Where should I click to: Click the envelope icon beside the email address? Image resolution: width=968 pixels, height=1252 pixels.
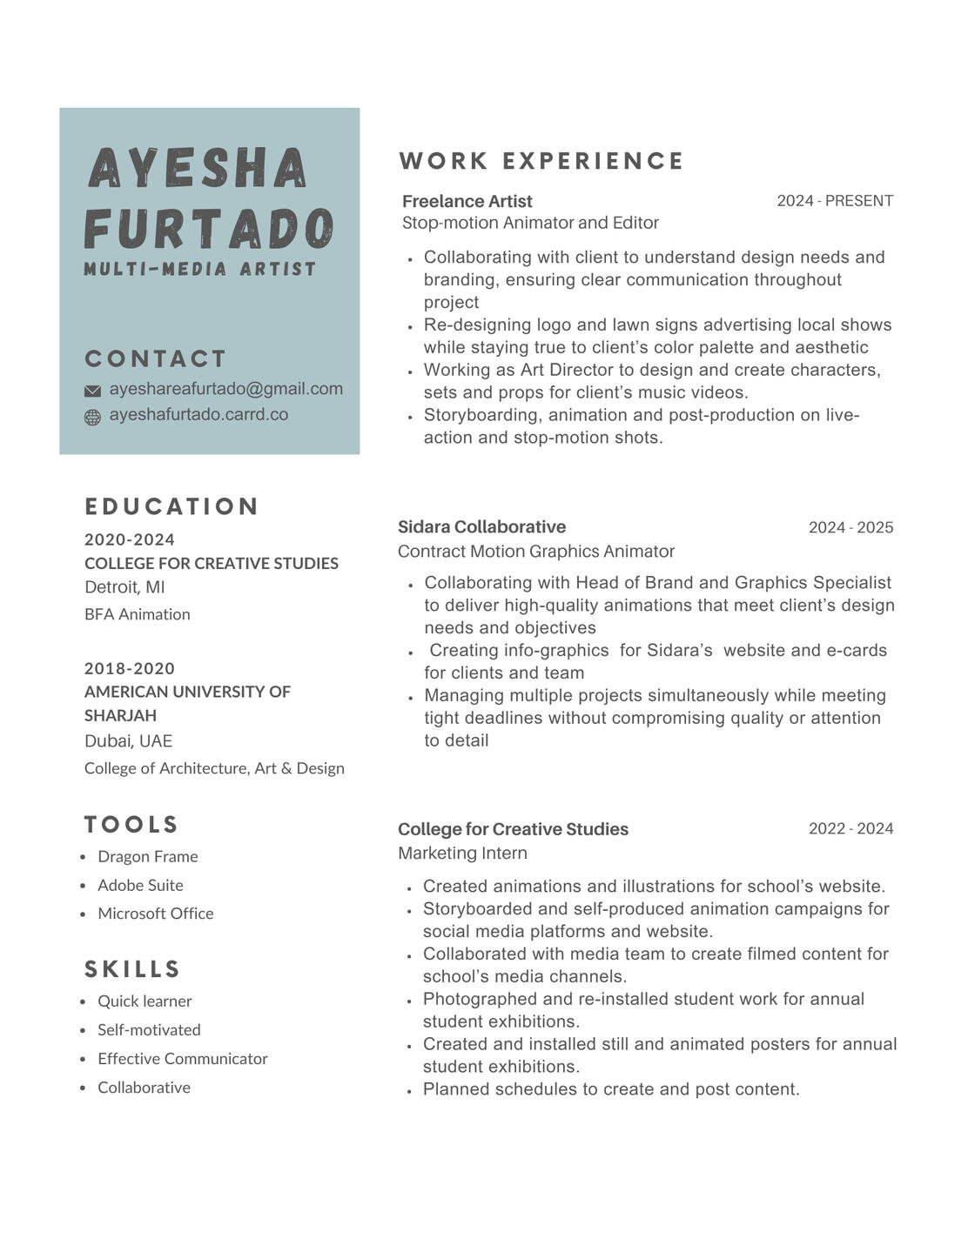click(x=92, y=391)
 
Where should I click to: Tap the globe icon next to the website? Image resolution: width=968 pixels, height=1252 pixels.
click(x=92, y=418)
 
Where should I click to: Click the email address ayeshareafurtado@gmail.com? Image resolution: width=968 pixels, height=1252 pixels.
click(x=225, y=389)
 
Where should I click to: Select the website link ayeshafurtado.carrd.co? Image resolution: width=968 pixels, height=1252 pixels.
click(x=198, y=414)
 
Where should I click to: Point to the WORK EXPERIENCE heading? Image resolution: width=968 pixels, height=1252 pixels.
click(x=541, y=161)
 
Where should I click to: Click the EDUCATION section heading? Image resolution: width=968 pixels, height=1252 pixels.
click(x=171, y=506)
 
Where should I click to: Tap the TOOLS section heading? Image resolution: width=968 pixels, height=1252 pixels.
click(x=131, y=824)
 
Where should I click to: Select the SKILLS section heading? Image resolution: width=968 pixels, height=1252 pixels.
click(x=132, y=968)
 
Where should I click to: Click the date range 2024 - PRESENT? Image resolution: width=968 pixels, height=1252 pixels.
click(x=835, y=201)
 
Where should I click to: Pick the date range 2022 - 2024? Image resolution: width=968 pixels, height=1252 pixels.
click(x=850, y=828)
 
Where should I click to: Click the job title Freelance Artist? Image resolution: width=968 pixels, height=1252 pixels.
click(x=467, y=201)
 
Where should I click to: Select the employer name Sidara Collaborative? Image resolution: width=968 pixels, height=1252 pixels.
click(x=481, y=526)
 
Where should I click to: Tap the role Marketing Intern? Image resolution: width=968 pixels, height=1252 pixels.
click(x=462, y=853)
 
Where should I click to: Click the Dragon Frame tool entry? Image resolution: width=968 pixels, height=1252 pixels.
click(x=148, y=856)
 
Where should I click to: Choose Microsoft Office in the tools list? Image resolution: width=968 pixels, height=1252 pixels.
click(x=156, y=913)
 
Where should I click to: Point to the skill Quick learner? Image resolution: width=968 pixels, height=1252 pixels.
click(x=145, y=1001)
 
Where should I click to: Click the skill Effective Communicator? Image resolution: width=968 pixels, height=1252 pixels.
click(x=183, y=1058)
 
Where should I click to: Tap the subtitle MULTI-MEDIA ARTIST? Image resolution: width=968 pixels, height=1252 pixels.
click(x=200, y=269)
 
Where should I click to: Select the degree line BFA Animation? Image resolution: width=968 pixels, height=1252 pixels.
click(x=138, y=614)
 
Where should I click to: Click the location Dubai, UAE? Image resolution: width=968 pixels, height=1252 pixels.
click(x=128, y=741)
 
